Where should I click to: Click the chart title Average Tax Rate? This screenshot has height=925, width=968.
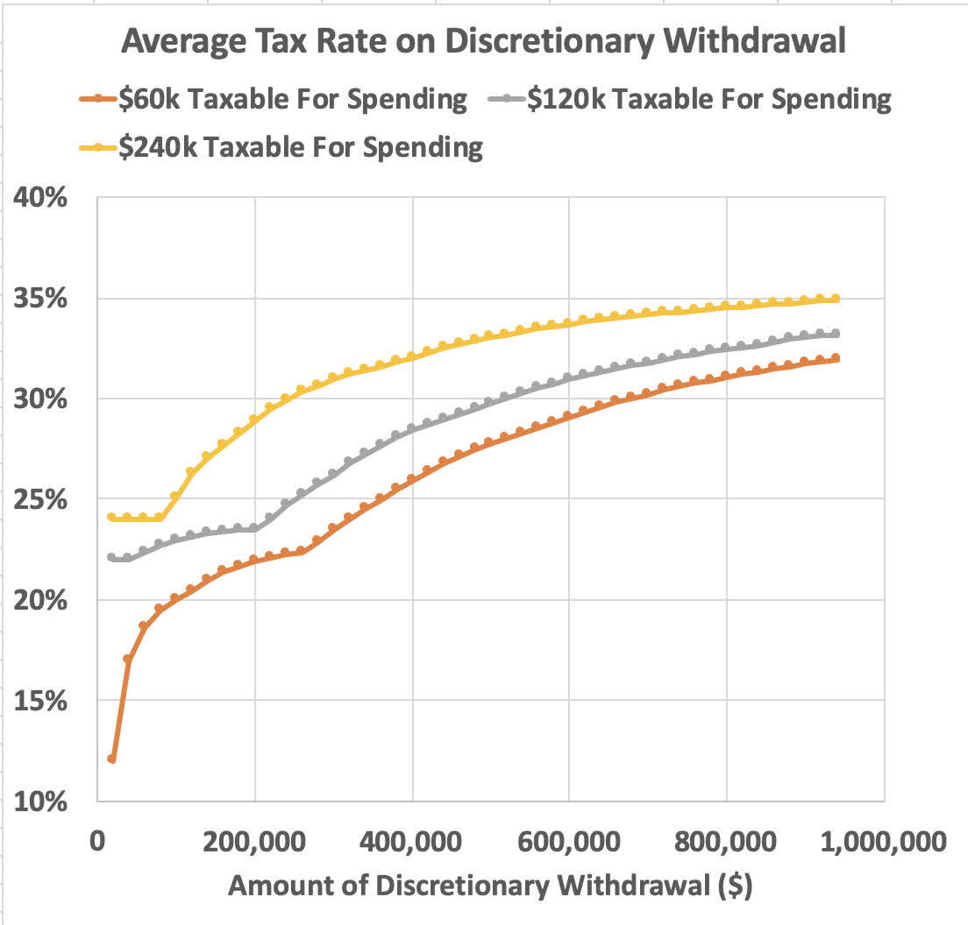pos(483,40)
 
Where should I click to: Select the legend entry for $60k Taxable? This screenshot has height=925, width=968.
pos(282,99)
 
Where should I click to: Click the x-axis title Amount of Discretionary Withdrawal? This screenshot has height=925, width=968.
pos(490,886)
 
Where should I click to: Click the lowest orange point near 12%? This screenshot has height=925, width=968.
pos(111,759)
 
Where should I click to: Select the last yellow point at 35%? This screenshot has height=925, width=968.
pos(836,299)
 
